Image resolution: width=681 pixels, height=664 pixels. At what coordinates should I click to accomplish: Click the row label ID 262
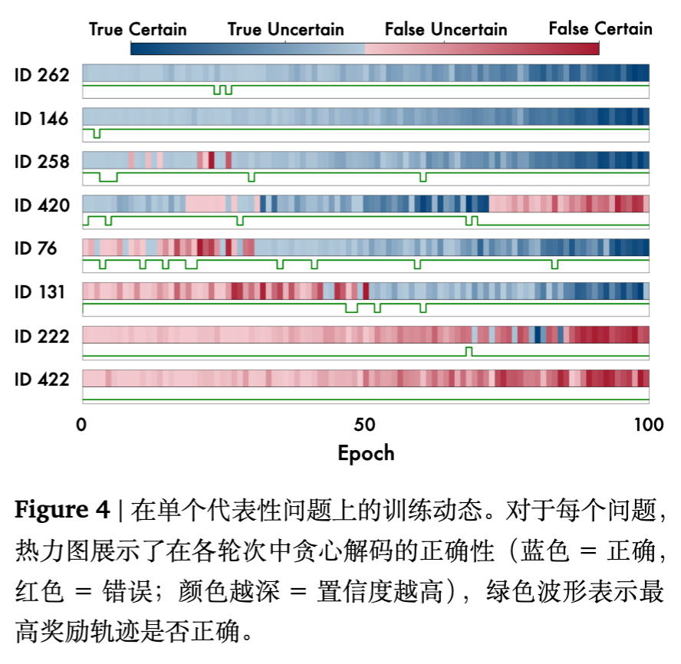(x=42, y=75)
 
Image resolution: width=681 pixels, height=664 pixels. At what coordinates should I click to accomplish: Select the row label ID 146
(x=42, y=119)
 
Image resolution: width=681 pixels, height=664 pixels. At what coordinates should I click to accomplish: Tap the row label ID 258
(x=42, y=162)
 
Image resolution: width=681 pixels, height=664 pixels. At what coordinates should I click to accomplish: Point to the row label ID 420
(x=42, y=205)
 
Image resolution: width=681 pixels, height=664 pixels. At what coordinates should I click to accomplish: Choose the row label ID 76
(x=37, y=248)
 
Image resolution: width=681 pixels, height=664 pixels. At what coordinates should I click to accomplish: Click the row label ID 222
(x=42, y=336)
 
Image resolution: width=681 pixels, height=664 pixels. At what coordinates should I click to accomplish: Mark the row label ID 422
(x=42, y=380)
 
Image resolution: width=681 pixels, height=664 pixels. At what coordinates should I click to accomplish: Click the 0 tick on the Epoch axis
(x=82, y=425)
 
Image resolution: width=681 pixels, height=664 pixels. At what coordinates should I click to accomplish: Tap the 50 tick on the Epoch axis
(x=365, y=425)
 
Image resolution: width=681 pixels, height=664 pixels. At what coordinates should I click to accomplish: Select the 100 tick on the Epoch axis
(x=649, y=425)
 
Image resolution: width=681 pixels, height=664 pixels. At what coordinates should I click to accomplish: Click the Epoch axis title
(x=366, y=452)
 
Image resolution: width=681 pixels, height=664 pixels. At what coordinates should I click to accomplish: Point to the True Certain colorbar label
(x=138, y=30)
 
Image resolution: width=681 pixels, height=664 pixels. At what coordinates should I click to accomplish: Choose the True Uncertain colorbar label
(x=286, y=30)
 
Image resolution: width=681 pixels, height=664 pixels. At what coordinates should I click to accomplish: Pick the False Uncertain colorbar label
(x=446, y=30)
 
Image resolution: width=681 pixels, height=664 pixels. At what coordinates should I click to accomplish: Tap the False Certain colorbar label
(x=600, y=29)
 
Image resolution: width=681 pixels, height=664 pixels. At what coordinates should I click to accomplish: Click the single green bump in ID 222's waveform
(x=469, y=351)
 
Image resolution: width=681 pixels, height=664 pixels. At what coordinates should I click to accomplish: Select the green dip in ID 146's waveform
(x=97, y=134)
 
